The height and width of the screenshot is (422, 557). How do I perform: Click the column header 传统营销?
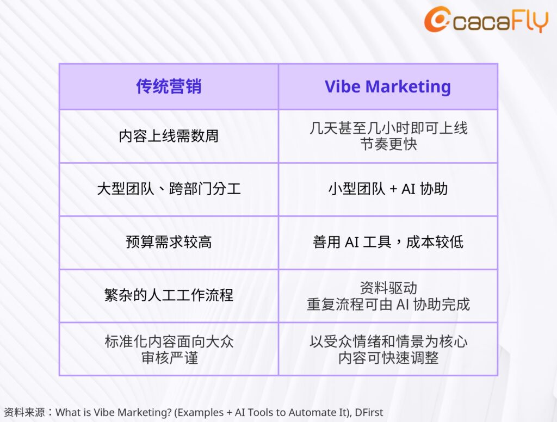(x=169, y=86)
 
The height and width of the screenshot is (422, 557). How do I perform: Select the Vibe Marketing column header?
(x=388, y=87)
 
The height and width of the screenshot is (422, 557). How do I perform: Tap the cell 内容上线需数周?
(x=169, y=136)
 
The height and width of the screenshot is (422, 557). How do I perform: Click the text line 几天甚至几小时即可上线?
(x=388, y=128)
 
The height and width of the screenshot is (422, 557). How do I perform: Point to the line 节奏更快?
(x=388, y=144)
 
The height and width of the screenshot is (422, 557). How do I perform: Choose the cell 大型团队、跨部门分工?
(x=169, y=189)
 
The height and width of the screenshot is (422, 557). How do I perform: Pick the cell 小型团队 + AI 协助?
(x=388, y=189)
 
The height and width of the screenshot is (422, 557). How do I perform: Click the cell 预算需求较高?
(x=169, y=242)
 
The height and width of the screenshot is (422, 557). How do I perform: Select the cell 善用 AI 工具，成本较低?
(x=388, y=242)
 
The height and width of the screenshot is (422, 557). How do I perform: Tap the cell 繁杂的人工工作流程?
(x=169, y=295)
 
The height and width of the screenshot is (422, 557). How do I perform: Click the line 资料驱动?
(x=388, y=288)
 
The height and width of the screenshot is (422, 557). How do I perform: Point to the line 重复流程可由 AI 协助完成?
(x=388, y=305)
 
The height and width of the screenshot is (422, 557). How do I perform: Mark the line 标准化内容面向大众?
(x=169, y=342)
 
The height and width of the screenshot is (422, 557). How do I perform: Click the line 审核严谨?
(x=170, y=358)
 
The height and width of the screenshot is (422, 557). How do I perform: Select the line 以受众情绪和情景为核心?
(x=388, y=342)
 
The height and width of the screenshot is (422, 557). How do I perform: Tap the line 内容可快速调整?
(x=388, y=358)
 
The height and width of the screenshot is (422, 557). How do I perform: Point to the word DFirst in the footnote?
(x=369, y=412)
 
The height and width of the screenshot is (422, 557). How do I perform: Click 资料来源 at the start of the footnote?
(x=24, y=412)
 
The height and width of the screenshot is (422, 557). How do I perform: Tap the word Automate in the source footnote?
(x=312, y=412)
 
